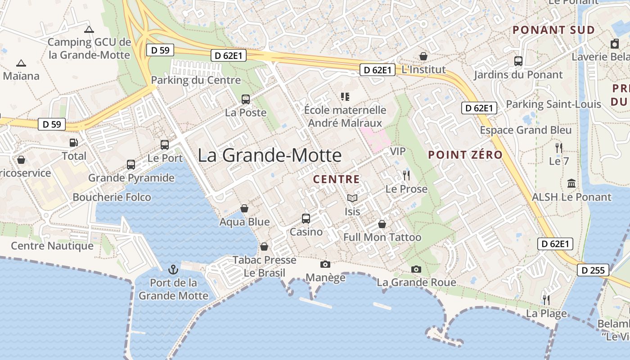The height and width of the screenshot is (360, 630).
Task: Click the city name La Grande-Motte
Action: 270,156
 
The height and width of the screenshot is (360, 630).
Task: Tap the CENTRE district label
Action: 337,179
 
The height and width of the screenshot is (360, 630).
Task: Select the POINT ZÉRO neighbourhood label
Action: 465,155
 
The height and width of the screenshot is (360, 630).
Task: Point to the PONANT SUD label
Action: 554,30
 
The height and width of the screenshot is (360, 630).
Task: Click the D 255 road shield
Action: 594,270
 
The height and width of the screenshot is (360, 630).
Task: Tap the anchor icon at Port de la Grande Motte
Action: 173,270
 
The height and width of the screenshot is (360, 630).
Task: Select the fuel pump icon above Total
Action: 73,143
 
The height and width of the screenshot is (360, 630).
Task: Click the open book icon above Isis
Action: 352,198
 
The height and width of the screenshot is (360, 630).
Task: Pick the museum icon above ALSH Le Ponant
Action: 571,183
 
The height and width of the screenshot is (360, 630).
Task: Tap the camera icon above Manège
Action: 325,264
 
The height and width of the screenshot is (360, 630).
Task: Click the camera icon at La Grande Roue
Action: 416,269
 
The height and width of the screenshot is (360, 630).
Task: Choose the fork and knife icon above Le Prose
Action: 406,175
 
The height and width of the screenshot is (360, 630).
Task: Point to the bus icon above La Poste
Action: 246,99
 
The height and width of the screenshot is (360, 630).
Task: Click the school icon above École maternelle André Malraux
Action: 345,96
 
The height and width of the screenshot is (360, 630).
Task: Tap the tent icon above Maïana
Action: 21,63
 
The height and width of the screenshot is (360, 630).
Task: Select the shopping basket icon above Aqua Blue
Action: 244,208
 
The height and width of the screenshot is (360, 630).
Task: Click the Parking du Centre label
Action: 196,80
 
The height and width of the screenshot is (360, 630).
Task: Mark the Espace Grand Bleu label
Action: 526,130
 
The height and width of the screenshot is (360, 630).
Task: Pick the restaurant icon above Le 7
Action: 559,148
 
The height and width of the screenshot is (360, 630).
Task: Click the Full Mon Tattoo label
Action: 382,237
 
